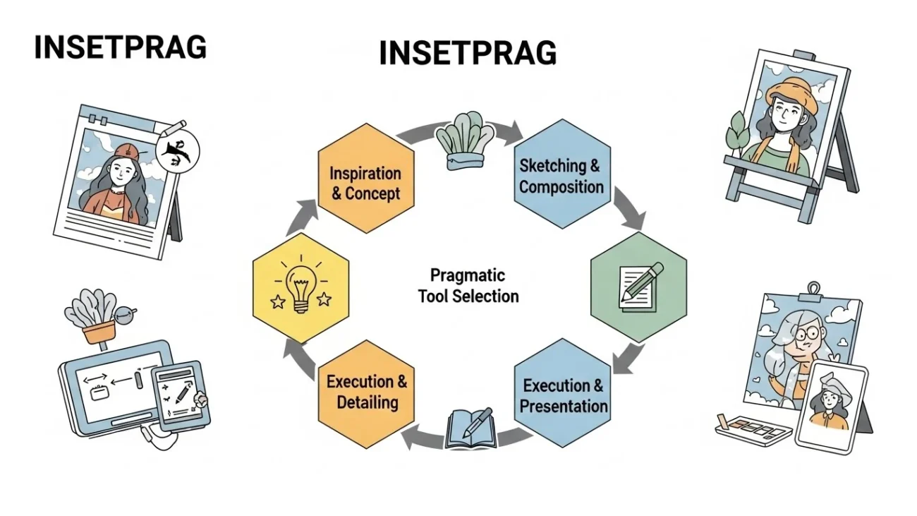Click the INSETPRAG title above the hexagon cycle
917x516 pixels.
tap(468, 53)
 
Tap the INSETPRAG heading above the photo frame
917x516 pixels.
tap(121, 47)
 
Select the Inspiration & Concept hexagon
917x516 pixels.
tap(366, 179)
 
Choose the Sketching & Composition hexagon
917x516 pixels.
tap(562, 174)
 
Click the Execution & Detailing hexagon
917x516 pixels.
tap(366, 394)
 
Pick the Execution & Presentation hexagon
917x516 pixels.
tap(562, 393)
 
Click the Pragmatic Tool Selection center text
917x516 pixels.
tap(468, 285)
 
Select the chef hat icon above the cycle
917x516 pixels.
tap(465, 140)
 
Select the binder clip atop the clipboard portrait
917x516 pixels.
tap(813, 291)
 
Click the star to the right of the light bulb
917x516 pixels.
tap(324, 299)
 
